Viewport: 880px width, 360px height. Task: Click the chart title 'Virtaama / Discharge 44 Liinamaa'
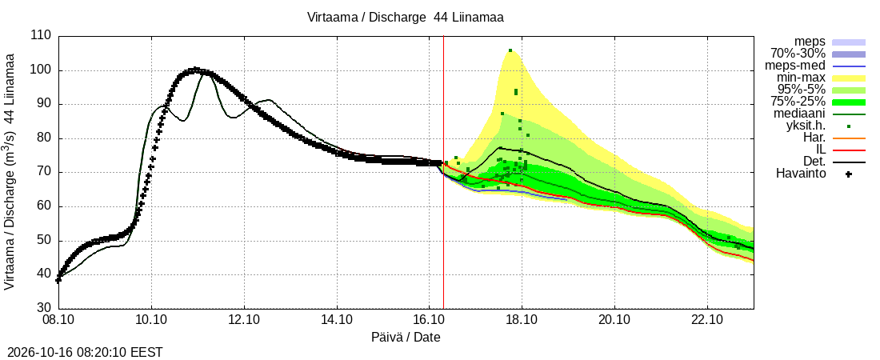tap(406, 18)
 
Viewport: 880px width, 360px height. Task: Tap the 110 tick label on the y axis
tap(42, 36)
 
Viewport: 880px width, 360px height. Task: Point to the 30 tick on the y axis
tap(45, 309)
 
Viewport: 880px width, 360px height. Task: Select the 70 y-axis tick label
tap(45, 173)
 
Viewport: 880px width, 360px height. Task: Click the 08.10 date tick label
tap(58, 321)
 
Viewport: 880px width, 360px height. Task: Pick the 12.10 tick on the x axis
tap(244, 321)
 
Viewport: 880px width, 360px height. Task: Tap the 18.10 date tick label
tap(522, 321)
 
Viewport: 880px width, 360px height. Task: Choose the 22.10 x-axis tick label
tap(707, 321)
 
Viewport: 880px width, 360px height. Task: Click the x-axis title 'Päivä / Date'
tap(406, 338)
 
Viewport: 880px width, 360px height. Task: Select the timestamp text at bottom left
tap(82, 353)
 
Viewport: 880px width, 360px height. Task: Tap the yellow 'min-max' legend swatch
tap(849, 78)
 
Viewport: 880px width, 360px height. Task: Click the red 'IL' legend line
tap(849, 150)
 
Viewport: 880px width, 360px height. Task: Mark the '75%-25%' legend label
tap(798, 102)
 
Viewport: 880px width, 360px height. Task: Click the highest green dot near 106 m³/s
tap(510, 50)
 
